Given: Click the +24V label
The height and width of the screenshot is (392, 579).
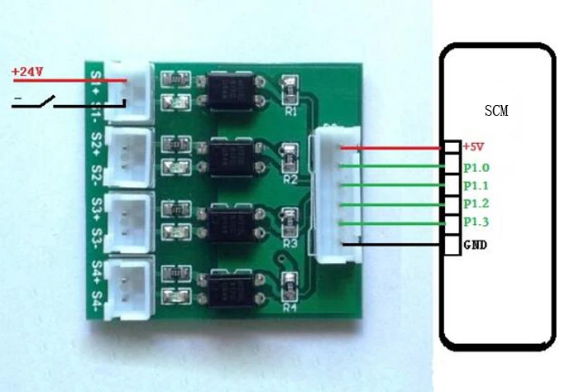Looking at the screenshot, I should coord(27,72).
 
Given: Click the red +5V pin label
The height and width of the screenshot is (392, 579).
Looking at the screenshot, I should coord(472,146).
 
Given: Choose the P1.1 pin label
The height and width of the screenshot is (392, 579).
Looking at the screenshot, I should coord(476,185).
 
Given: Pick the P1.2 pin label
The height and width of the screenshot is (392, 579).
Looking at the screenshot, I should coord(476,203).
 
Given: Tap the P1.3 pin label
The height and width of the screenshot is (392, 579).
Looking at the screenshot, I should coord(476,222).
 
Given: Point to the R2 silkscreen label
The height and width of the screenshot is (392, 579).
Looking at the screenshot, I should coord(289,178).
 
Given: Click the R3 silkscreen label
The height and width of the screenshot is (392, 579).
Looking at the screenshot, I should coord(289,244).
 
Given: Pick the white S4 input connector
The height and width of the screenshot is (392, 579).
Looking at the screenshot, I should coord(132,284).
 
